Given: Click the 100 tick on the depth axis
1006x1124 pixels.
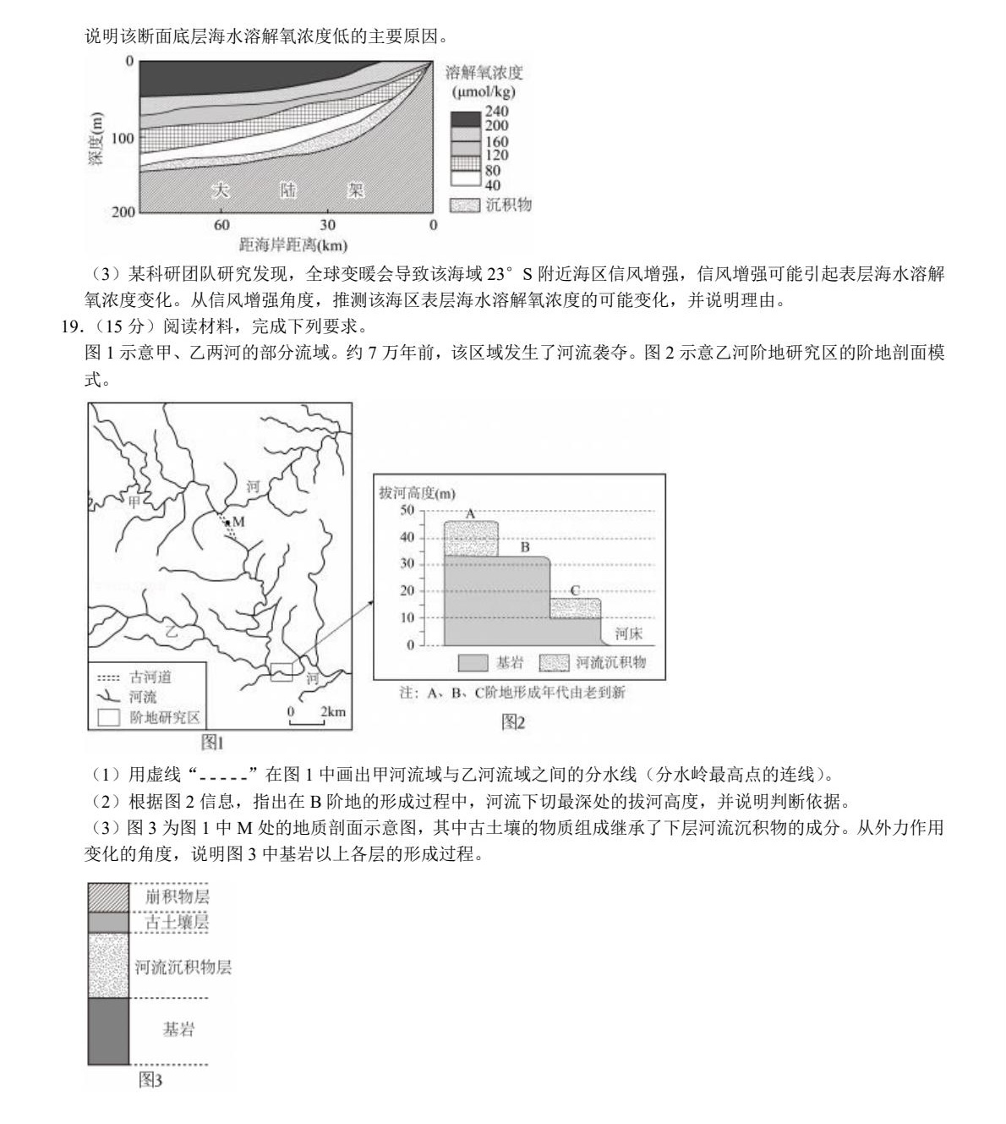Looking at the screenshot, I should (x=123, y=139).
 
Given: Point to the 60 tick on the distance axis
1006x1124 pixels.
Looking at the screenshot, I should (x=221, y=225).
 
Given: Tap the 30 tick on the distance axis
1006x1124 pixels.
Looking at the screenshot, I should (x=327, y=225).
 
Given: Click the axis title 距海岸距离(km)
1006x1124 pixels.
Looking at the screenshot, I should (x=293, y=245).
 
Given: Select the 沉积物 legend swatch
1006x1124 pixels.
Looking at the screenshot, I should (x=465, y=205).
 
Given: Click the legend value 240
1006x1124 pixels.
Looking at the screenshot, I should (x=497, y=112).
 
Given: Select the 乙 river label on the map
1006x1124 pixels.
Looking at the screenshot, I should (x=172, y=630).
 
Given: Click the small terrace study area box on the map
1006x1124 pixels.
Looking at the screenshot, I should (x=282, y=672).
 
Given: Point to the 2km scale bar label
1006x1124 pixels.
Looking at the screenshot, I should (x=332, y=711).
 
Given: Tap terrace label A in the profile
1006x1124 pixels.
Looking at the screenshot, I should (x=471, y=513).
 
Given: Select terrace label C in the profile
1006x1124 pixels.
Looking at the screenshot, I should (x=575, y=590).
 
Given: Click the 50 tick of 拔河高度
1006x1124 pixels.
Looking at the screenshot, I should (x=407, y=511).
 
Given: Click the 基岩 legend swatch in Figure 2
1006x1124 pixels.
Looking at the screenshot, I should (x=473, y=662).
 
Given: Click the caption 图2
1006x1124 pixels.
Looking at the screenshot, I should (x=513, y=721).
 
